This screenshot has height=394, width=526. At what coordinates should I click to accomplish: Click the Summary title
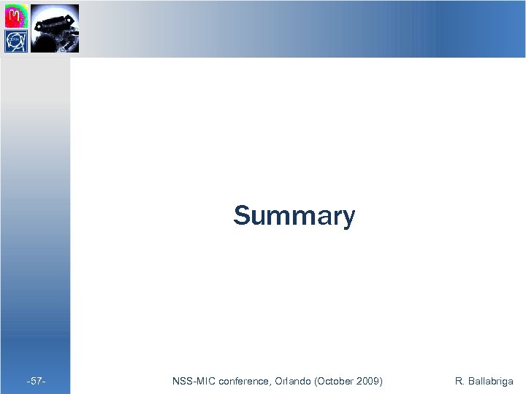tap(294, 217)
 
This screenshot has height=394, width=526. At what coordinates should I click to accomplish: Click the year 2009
tap(368, 381)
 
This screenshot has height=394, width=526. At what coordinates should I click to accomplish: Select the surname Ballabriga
tap(490, 381)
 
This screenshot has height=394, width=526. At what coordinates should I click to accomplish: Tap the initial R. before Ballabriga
tap(460, 381)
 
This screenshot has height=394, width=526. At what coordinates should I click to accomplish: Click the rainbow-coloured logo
tap(17, 15)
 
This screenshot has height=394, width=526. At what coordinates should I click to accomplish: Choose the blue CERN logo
tap(17, 41)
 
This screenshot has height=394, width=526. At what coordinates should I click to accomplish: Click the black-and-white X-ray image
tap(55, 28)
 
